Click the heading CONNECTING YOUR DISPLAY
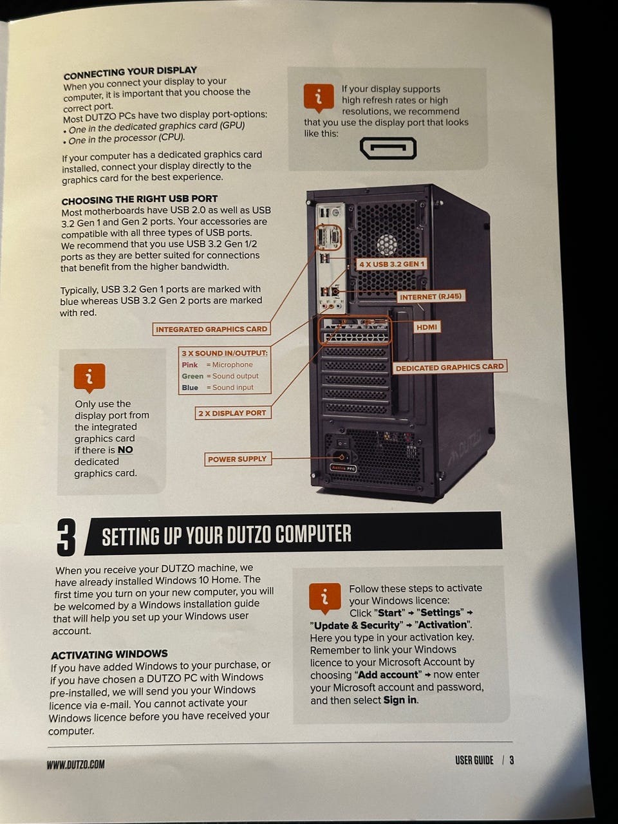(130, 73)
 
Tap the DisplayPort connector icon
(388, 148)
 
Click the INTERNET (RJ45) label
(431, 297)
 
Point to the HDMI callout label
(427, 327)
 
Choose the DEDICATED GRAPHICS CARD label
(449, 367)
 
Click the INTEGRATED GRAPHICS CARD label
(211, 329)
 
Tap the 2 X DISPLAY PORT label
(232, 413)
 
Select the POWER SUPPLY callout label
(238, 459)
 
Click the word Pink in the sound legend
(190, 364)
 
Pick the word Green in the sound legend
(192, 376)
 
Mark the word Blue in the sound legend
(190, 388)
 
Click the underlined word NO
(126, 450)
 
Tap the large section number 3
(66, 537)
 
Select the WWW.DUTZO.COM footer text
(76, 764)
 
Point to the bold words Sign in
(400, 700)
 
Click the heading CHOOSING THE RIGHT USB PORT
(140, 200)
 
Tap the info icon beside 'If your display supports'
(319, 98)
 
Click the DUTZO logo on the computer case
(463, 450)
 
